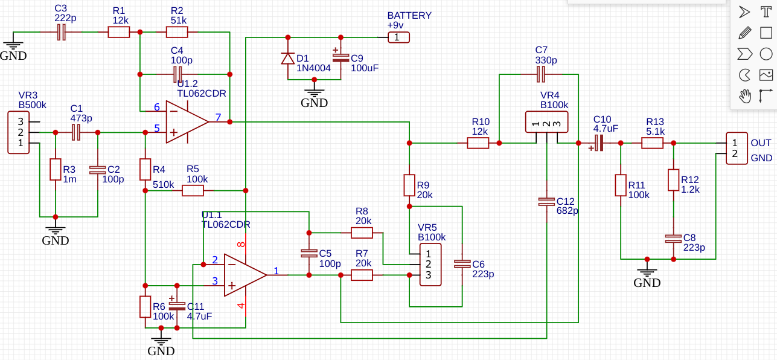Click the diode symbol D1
coord(287,59)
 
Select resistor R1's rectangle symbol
coord(118,32)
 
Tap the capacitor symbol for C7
coord(540,74)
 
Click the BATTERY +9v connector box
coord(398,37)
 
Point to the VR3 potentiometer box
coord(18,132)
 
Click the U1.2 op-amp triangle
coord(187,122)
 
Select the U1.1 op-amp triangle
coord(246,275)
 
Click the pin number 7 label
coord(218,117)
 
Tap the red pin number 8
coord(241,245)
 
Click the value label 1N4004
coord(313,68)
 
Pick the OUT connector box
coord(737,148)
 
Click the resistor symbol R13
coord(652,143)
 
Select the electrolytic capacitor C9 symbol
coord(341,57)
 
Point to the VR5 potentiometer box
coord(430,265)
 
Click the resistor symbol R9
coord(409,185)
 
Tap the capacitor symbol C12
coord(546,202)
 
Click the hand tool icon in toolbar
coord(745,96)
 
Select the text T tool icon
coord(766,12)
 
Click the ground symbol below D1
coord(314,92)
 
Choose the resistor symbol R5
coord(193,191)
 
